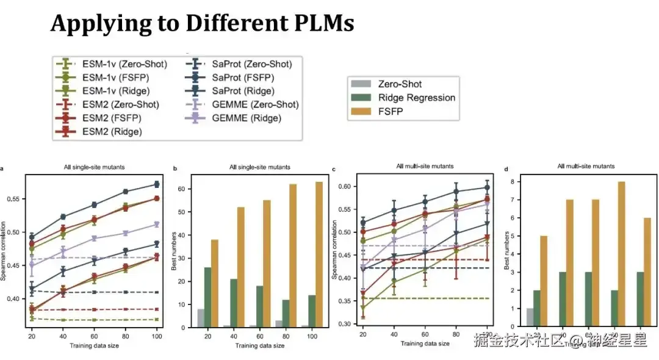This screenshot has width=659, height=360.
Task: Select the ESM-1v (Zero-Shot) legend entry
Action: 110,64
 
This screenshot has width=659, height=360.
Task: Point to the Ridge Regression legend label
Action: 417,98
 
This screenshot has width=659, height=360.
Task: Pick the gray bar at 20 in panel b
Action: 201,318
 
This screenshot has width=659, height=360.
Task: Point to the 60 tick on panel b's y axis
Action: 189,189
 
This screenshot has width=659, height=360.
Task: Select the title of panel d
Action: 586,166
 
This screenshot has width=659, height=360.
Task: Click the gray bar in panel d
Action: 530,317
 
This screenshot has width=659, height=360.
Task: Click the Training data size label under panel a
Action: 95,346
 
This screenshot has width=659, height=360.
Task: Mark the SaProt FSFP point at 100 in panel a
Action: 156,184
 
